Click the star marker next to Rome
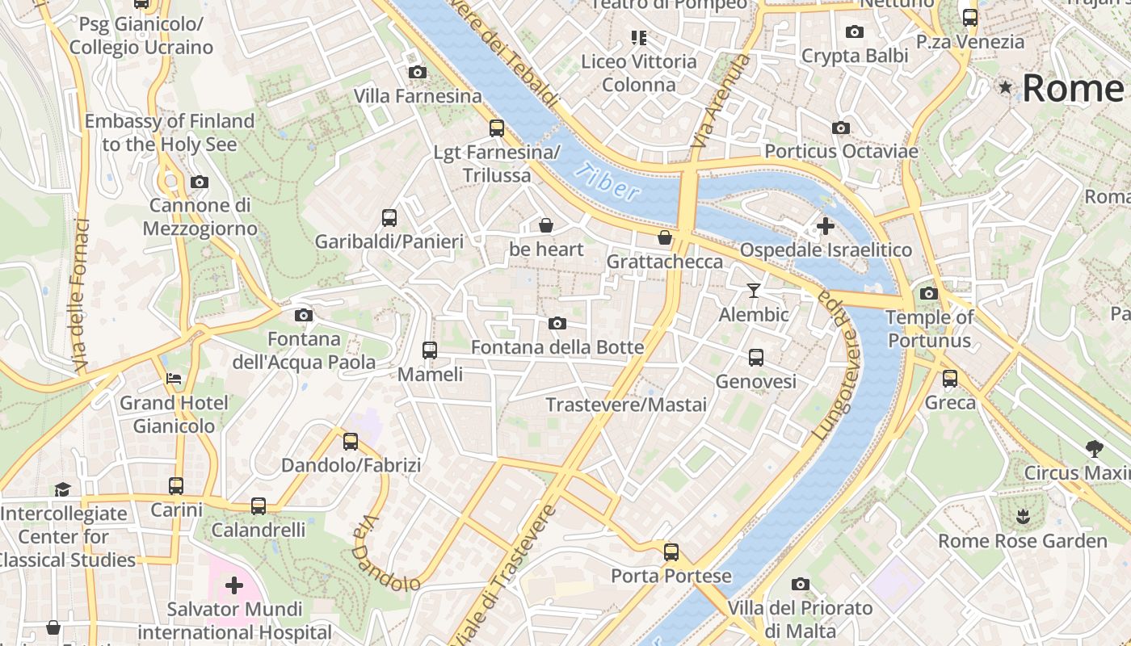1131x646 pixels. pos(1006,87)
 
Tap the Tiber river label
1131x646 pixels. pos(608,182)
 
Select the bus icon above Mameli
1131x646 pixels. pos(430,350)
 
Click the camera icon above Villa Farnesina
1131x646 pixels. pos(418,73)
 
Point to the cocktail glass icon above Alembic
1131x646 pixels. pos(754,291)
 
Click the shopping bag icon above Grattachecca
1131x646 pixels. pos(664,237)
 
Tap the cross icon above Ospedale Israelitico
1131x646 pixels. pos(825,226)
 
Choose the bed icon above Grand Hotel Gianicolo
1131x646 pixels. pos(174,378)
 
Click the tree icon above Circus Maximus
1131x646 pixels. pos(1095,448)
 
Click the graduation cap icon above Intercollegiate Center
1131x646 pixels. pos(63,489)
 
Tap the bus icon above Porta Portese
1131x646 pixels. pos(671,552)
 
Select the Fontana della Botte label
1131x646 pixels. pos(557,347)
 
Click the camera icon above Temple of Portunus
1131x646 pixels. pos(929,293)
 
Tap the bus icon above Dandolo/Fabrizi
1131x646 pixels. pos(351,442)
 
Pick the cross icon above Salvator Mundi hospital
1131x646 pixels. pos(234,585)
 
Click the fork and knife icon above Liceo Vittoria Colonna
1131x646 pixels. pos(639,37)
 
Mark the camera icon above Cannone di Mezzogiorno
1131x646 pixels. pos(200,182)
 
